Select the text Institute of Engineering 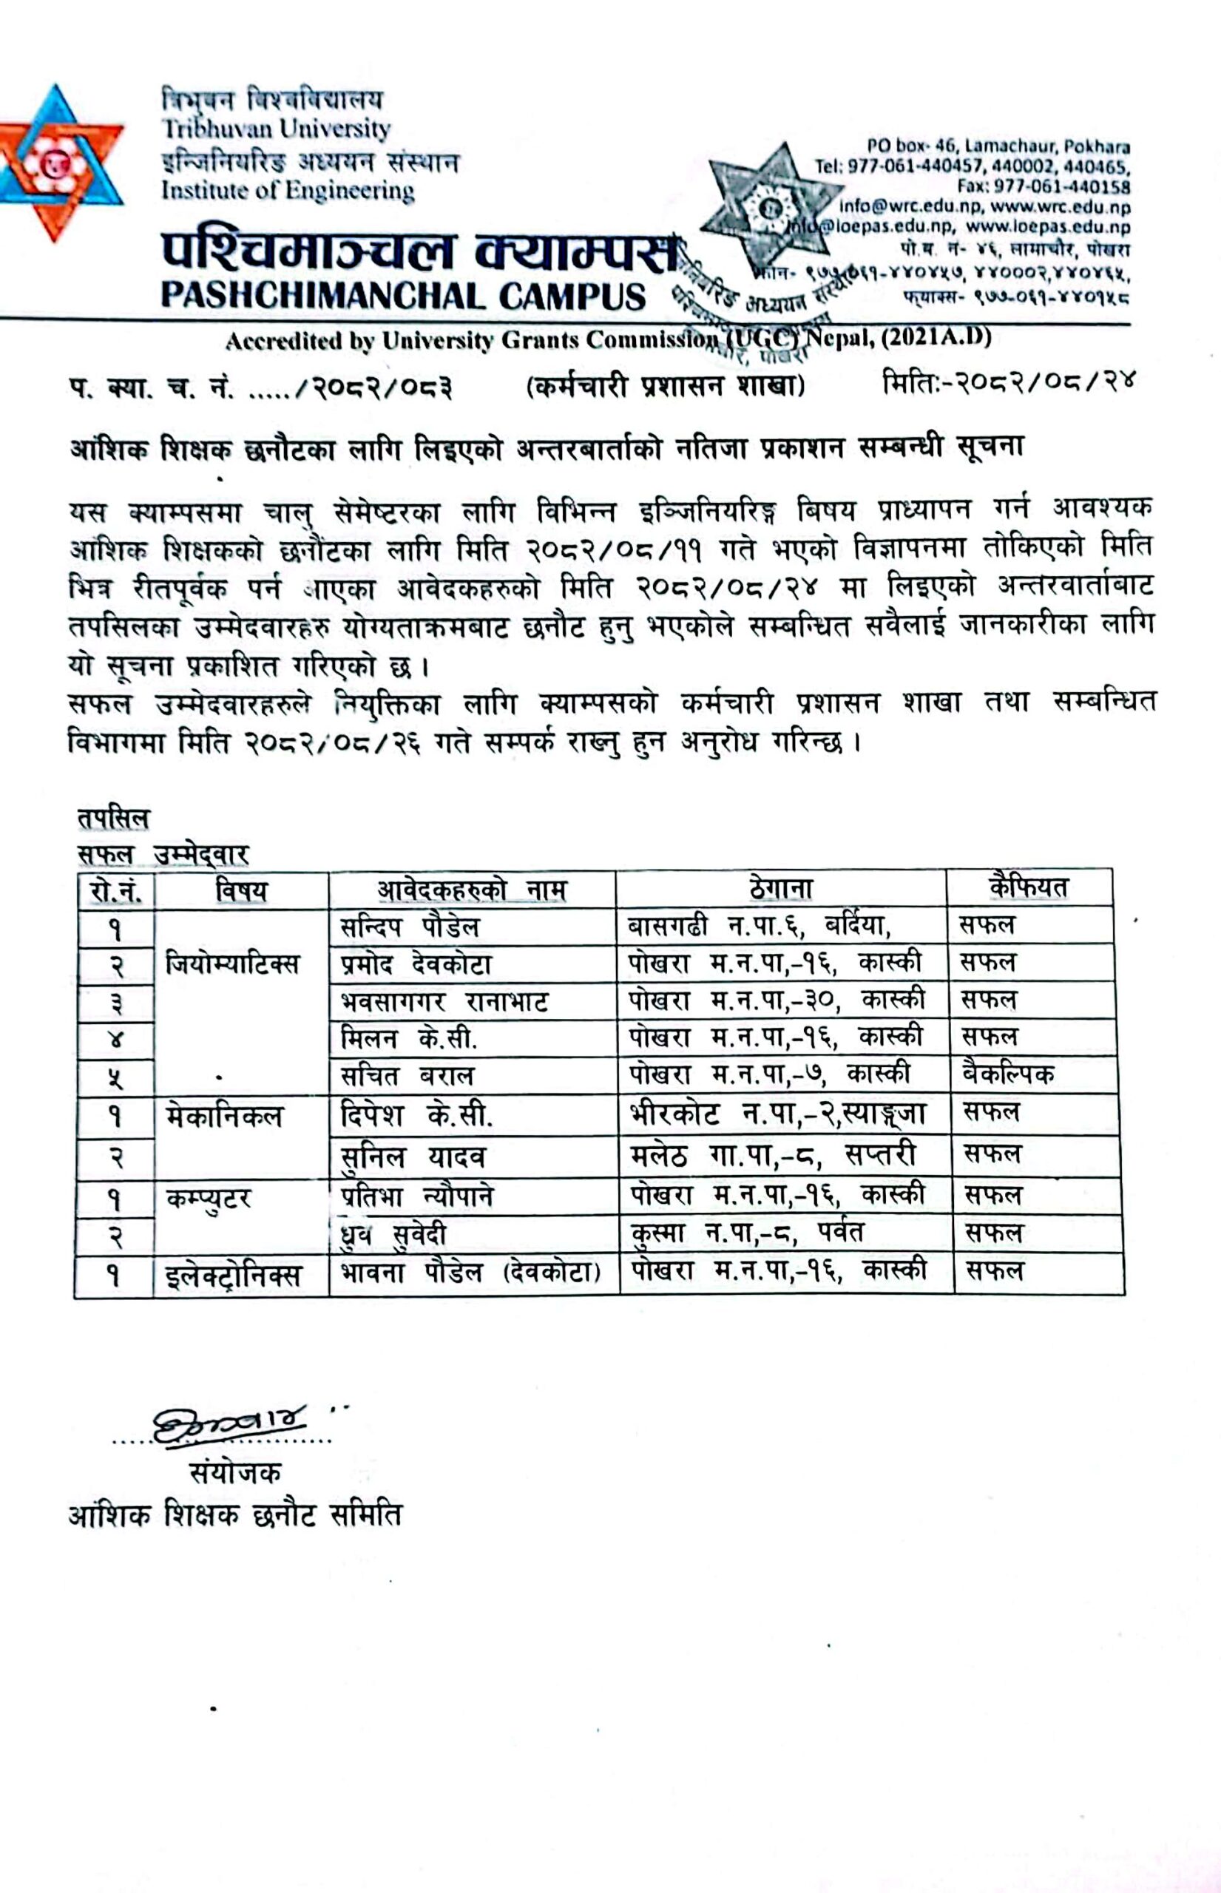288,191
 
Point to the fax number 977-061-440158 1044,187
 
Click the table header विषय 241,890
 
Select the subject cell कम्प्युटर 209,1199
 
